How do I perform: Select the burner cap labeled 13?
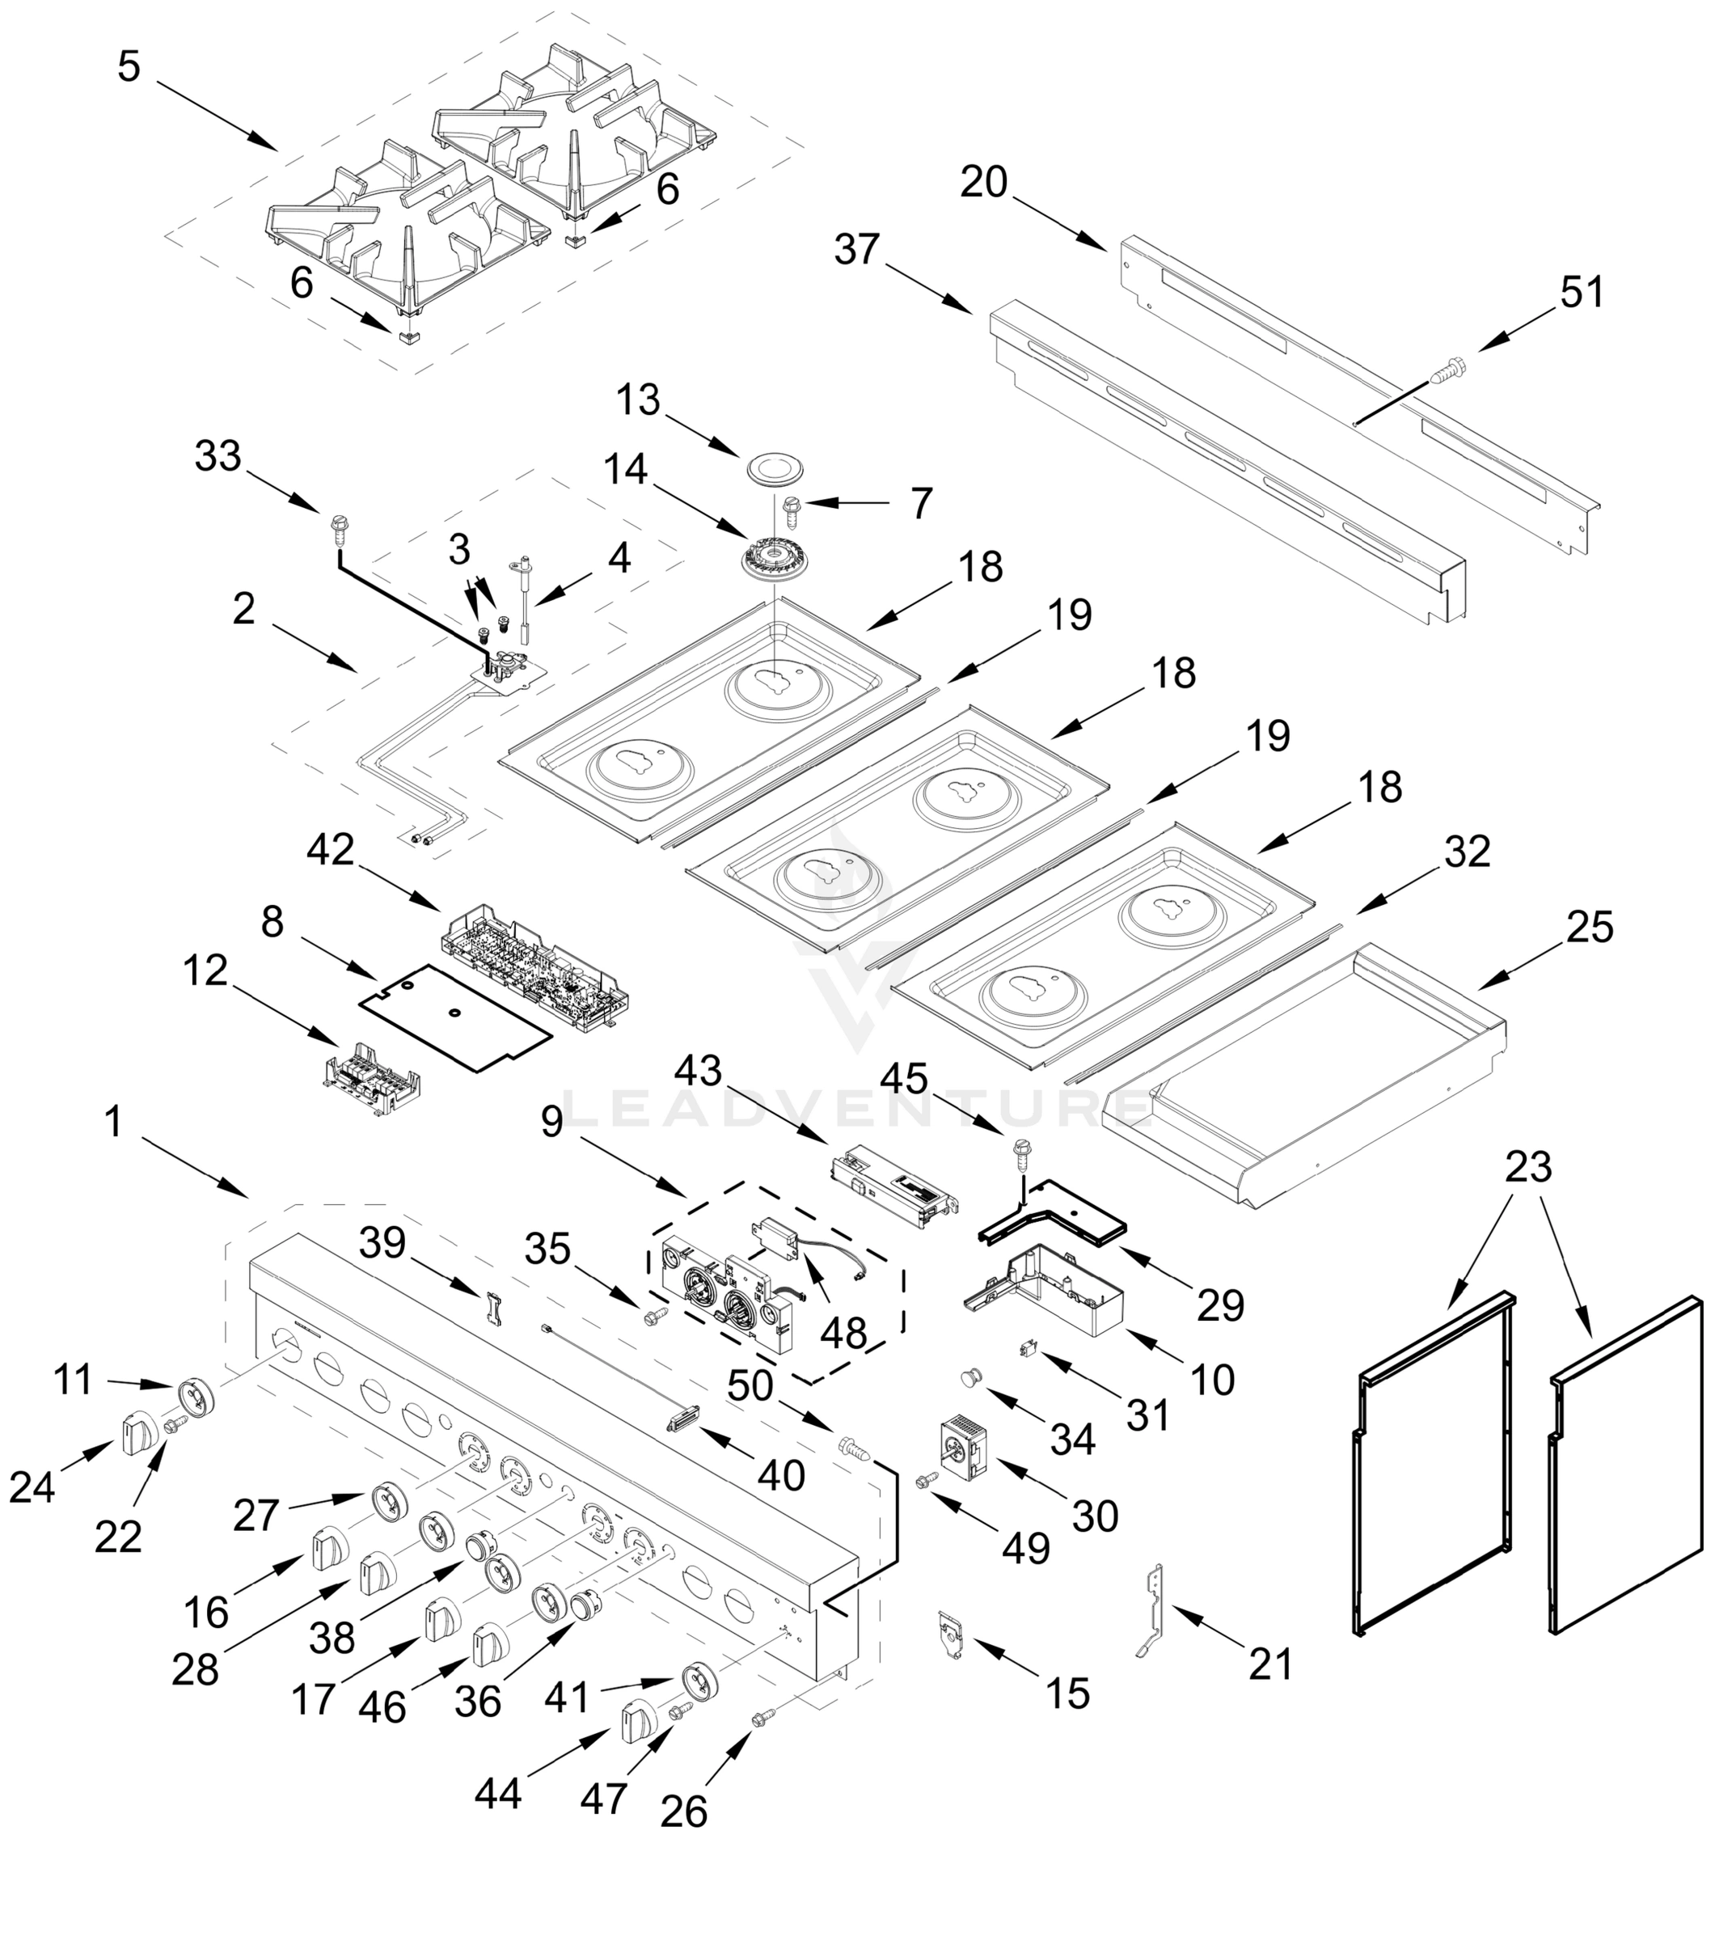775,468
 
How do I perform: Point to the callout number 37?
857,250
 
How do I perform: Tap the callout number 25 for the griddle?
1590,927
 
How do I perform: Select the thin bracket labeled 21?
1155,1609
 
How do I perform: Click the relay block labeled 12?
370,1078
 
